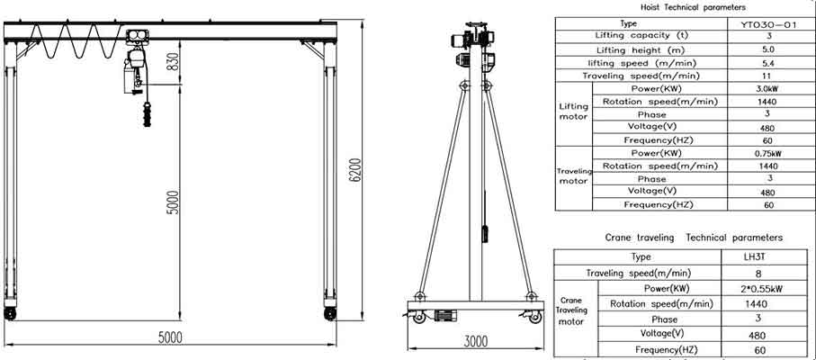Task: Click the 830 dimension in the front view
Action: point(172,64)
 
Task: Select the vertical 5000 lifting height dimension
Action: point(172,202)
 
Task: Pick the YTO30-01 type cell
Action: point(767,23)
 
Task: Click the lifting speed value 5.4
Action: point(767,63)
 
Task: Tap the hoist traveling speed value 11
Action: point(767,76)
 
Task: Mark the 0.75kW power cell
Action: point(767,154)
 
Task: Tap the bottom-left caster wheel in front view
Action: point(12,313)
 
